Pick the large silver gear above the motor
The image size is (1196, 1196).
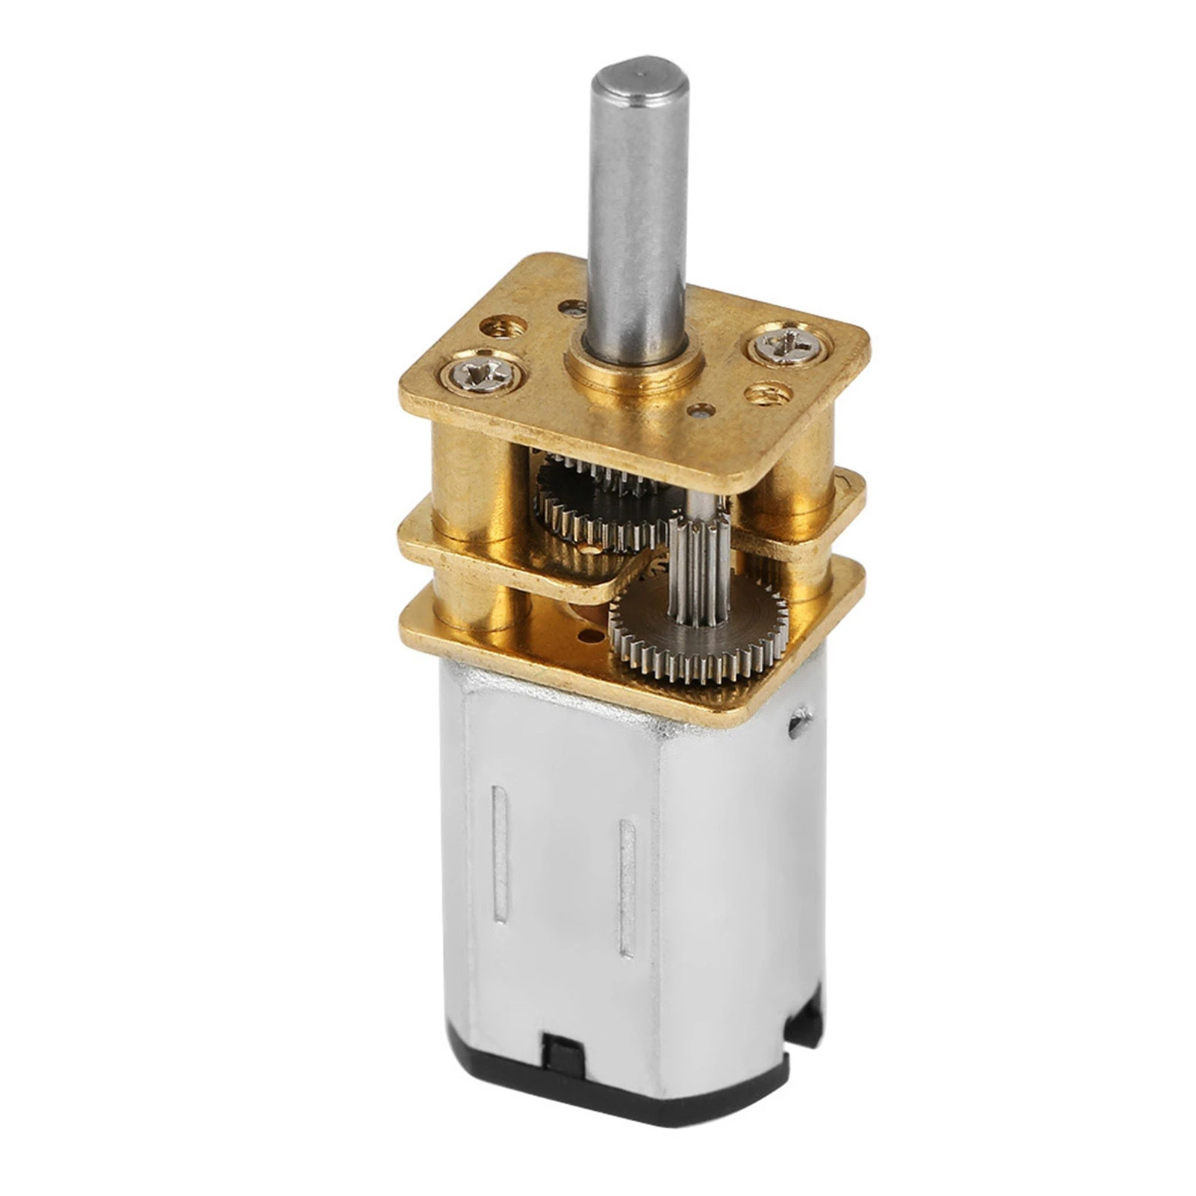(x=698, y=620)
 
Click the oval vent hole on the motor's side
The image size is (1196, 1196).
(x=800, y=719)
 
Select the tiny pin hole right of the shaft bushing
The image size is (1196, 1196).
(x=700, y=409)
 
